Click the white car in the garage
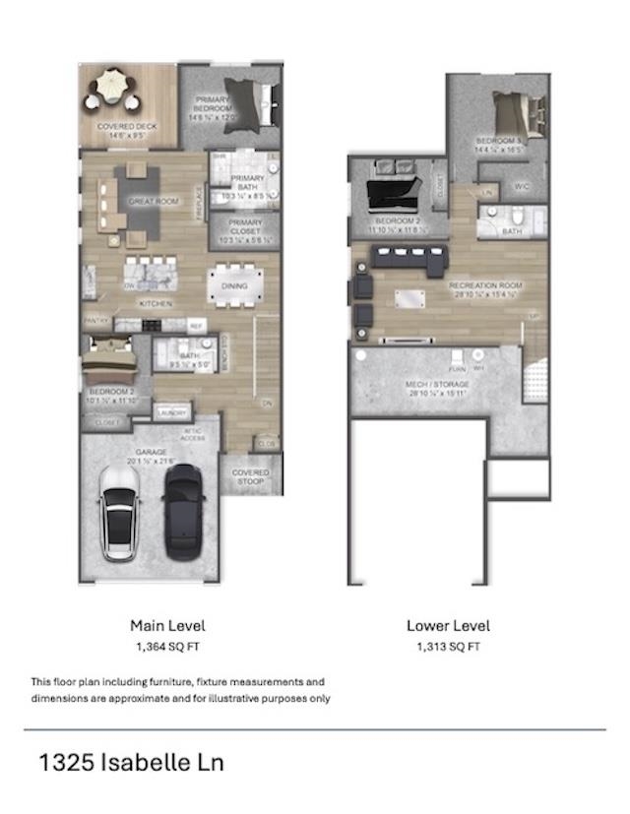(x=118, y=512)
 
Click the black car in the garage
(x=183, y=512)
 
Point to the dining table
(x=236, y=283)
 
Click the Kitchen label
(x=155, y=303)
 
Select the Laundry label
(x=172, y=412)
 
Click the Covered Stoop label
(x=250, y=477)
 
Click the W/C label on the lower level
(x=523, y=185)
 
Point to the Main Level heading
(x=167, y=625)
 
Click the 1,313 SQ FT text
(x=448, y=647)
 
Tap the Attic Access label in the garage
(x=193, y=434)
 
